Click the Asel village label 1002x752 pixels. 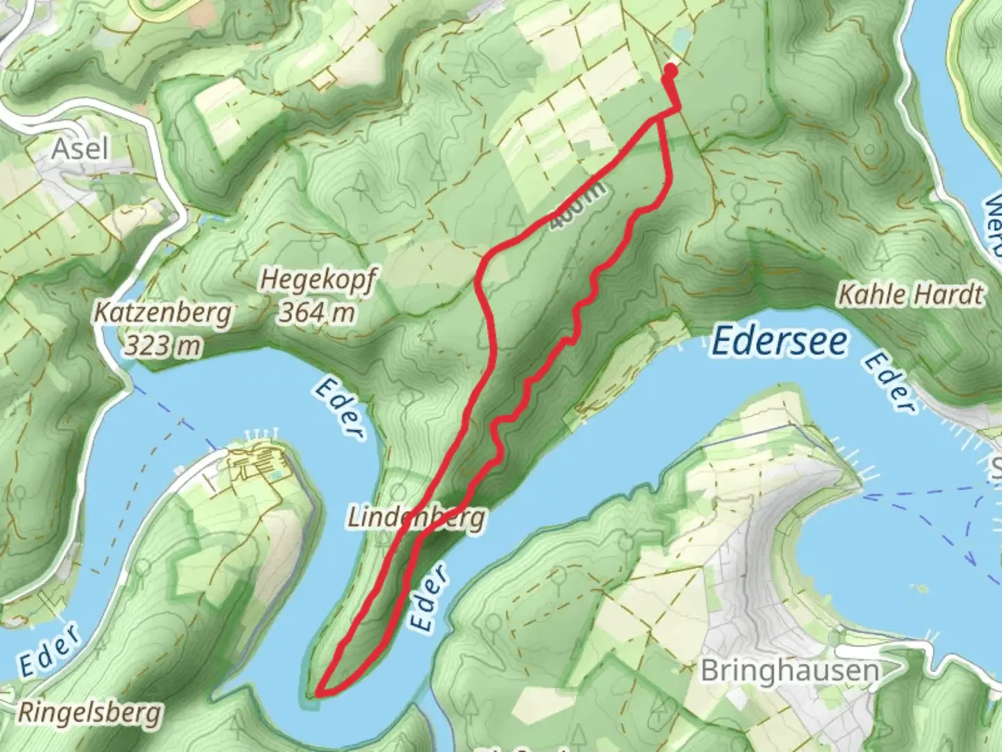pos(81,148)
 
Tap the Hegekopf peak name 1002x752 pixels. pos(318,280)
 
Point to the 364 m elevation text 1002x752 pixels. pos(317,313)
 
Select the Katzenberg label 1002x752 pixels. pos(162,313)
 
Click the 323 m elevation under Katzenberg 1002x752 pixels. pos(162,345)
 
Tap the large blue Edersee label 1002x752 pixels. pos(780,342)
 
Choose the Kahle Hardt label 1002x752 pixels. pos(911,295)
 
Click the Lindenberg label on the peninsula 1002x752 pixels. pos(415,518)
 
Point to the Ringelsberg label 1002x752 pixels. pos(89,713)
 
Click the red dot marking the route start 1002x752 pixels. pos(671,70)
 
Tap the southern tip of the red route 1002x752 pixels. pos(319,694)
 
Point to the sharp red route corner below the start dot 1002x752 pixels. pos(677,108)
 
